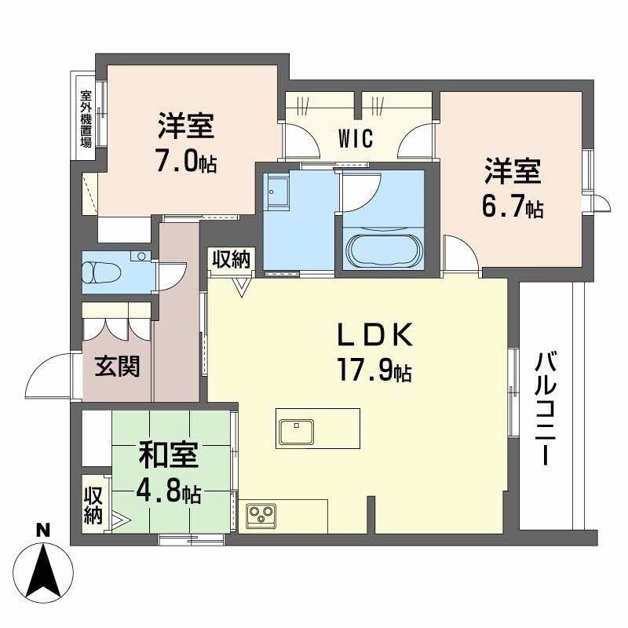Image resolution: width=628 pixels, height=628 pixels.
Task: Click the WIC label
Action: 356,139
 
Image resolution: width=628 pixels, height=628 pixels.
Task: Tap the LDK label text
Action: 375,335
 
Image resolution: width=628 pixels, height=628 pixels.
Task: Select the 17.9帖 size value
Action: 375,369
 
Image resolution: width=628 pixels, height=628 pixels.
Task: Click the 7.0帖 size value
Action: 186,162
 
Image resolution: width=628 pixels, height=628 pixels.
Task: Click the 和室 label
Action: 169,455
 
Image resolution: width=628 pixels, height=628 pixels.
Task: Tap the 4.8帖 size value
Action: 169,492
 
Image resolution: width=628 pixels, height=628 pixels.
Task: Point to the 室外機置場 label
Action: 85,119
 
